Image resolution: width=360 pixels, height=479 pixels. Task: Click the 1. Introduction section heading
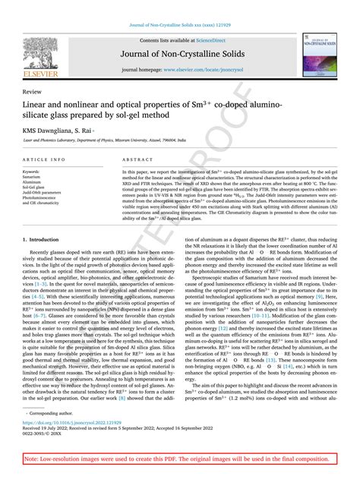(47, 239)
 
